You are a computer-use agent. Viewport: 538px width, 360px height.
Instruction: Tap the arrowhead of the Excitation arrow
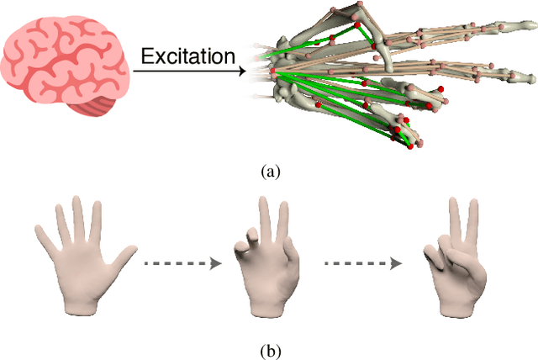tap(245, 71)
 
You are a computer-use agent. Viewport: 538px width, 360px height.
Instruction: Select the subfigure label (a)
tap(269, 172)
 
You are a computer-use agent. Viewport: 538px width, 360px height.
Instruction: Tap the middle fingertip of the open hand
tap(78, 202)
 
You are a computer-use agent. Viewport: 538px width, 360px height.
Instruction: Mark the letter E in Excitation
tap(146, 57)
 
